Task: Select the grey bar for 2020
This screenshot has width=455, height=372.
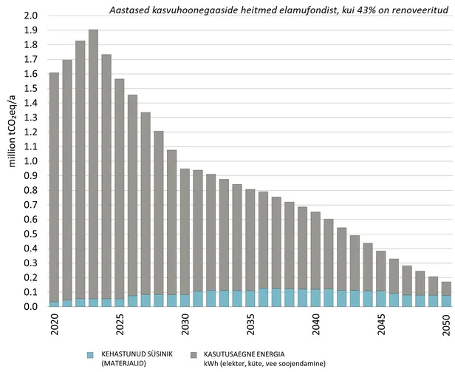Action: point(54,185)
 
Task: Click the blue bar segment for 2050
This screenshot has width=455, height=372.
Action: point(446,301)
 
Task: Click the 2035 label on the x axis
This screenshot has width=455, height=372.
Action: point(250,325)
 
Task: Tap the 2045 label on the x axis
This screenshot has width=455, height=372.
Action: point(381,325)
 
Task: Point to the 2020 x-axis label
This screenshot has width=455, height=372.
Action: point(55,325)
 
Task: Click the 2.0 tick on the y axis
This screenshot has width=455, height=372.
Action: point(31,16)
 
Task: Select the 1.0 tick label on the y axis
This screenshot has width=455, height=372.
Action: point(31,161)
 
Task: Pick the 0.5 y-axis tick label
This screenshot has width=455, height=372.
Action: point(31,234)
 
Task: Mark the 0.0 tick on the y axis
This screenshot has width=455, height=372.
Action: point(31,306)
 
